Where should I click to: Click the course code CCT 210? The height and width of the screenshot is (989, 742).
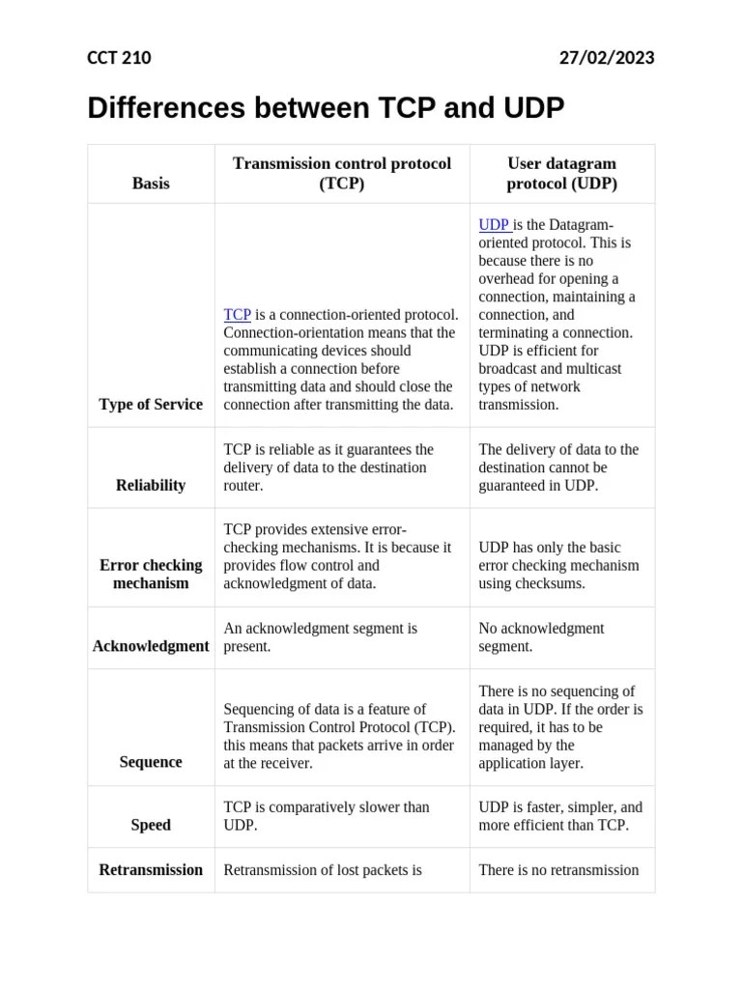pos(119,58)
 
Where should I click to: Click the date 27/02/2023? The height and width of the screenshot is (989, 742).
pos(607,58)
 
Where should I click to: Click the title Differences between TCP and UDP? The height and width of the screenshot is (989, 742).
pos(326,108)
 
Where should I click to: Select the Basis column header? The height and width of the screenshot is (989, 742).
pos(151,183)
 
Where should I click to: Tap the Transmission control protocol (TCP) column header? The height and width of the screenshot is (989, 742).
pos(341,173)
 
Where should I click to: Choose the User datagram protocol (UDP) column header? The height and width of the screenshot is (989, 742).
pos(561,173)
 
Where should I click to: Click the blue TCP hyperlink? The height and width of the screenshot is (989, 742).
pos(237,315)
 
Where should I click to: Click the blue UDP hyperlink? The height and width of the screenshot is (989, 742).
pos(494,225)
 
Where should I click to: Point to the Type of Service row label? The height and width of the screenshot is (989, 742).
pos(151,405)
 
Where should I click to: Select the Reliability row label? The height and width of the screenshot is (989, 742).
pos(151,486)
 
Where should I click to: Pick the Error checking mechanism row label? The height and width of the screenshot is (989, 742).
pos(151,574)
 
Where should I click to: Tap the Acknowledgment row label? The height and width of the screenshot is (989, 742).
pos(151,646)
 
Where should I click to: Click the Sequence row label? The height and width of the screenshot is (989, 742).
pos(151,762)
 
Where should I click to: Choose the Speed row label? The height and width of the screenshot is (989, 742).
pos(151,825)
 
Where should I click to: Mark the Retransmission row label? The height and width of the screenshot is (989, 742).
pos(151,870)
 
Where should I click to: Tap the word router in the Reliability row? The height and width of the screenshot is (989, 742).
pos(243,486)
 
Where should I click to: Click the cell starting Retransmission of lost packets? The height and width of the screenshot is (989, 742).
pos(323,870)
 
